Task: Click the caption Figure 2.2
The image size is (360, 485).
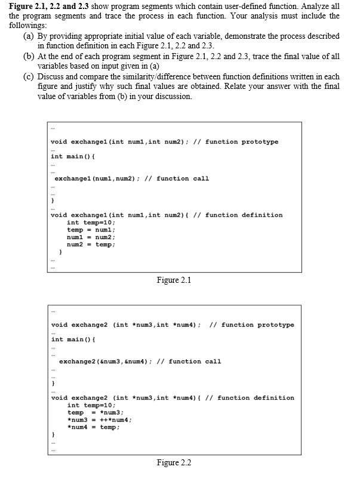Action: pos(173,462)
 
